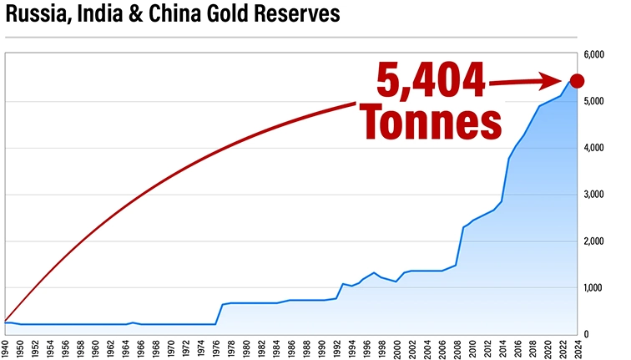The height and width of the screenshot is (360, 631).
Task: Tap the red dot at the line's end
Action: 576,80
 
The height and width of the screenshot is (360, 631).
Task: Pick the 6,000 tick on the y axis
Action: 596,55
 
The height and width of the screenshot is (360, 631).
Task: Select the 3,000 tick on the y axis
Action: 596,195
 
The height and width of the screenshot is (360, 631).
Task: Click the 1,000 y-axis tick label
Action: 596,288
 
